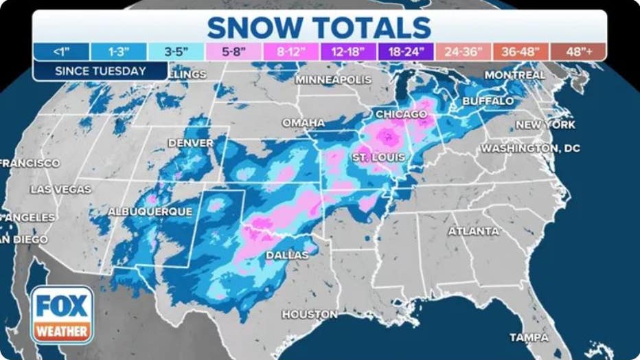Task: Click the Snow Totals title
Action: [x=319, y=27]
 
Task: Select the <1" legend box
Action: [x=61, y=52]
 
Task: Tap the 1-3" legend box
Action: [x=118, y=52]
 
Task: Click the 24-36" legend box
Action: [x=463, y=52]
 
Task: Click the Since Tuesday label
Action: [x=100, y=71]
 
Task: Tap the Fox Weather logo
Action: [x=62, y=315]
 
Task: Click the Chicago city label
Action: [x=400, y=113]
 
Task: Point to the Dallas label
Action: [x=287, y=255]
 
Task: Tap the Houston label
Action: [x=309, y=314]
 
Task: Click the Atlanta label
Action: [x=473, y=232]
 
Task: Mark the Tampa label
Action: [x=529, y=337]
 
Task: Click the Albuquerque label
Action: [x=150, y=212]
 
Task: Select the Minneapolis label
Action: [x=333, y=80]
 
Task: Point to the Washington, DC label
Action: [x=530, y=148]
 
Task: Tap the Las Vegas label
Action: [x=60, y=189]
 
